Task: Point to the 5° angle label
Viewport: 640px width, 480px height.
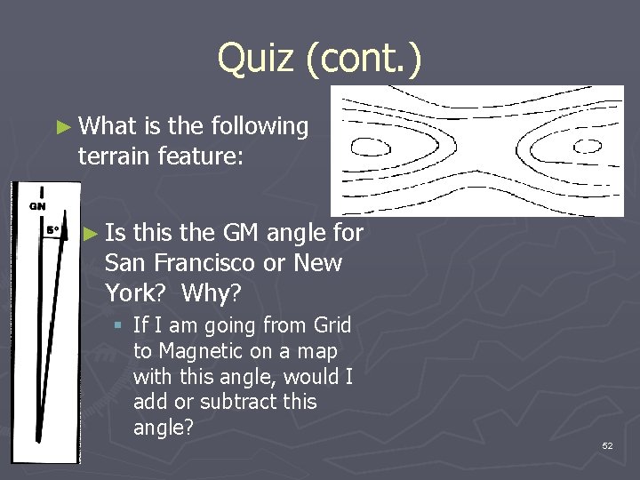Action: tap(53, 229)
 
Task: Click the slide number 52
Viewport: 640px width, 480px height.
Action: tap(607, 445)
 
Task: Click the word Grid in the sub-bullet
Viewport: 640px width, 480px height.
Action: tap(328, 326)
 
